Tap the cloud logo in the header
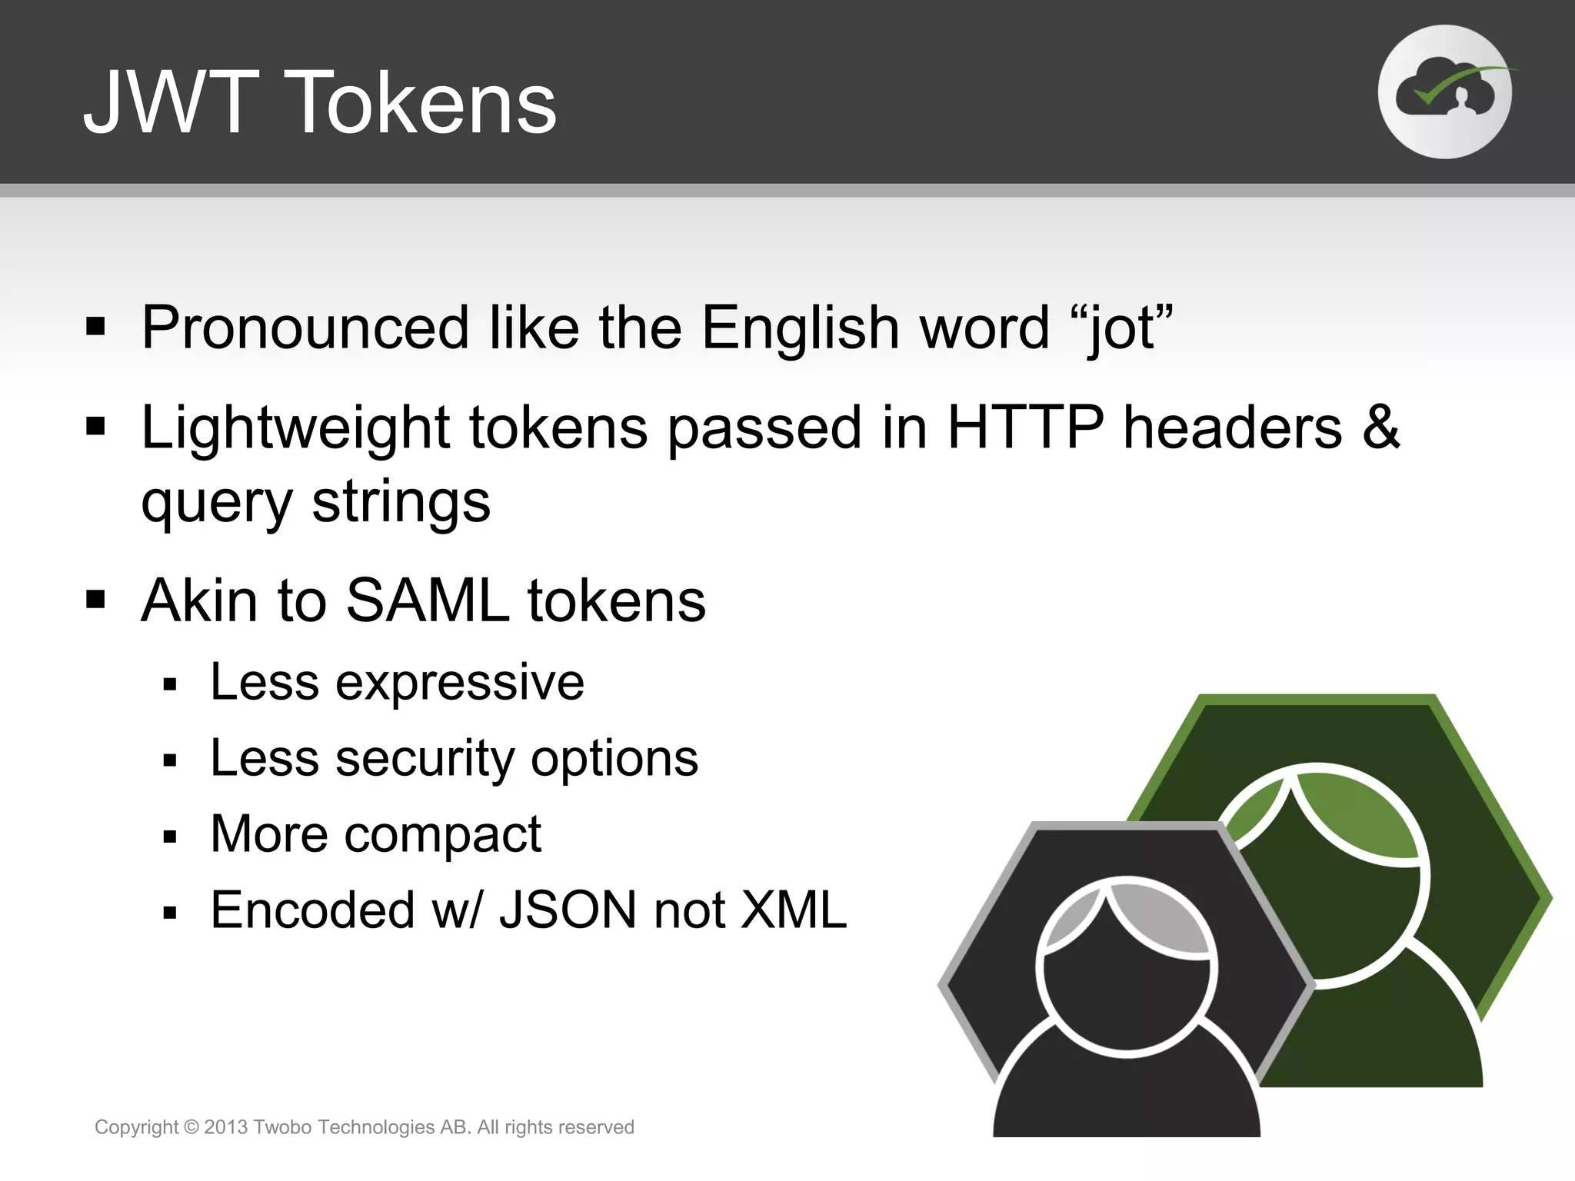point(1444,92)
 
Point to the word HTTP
point(1025,427)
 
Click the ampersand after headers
point(1380,427)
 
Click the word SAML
point(428,600)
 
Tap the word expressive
point(459,684)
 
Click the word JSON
point(568,910)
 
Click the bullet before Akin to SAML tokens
point(95,599)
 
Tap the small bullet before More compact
point(170,837)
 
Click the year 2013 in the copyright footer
point(225,1127)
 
